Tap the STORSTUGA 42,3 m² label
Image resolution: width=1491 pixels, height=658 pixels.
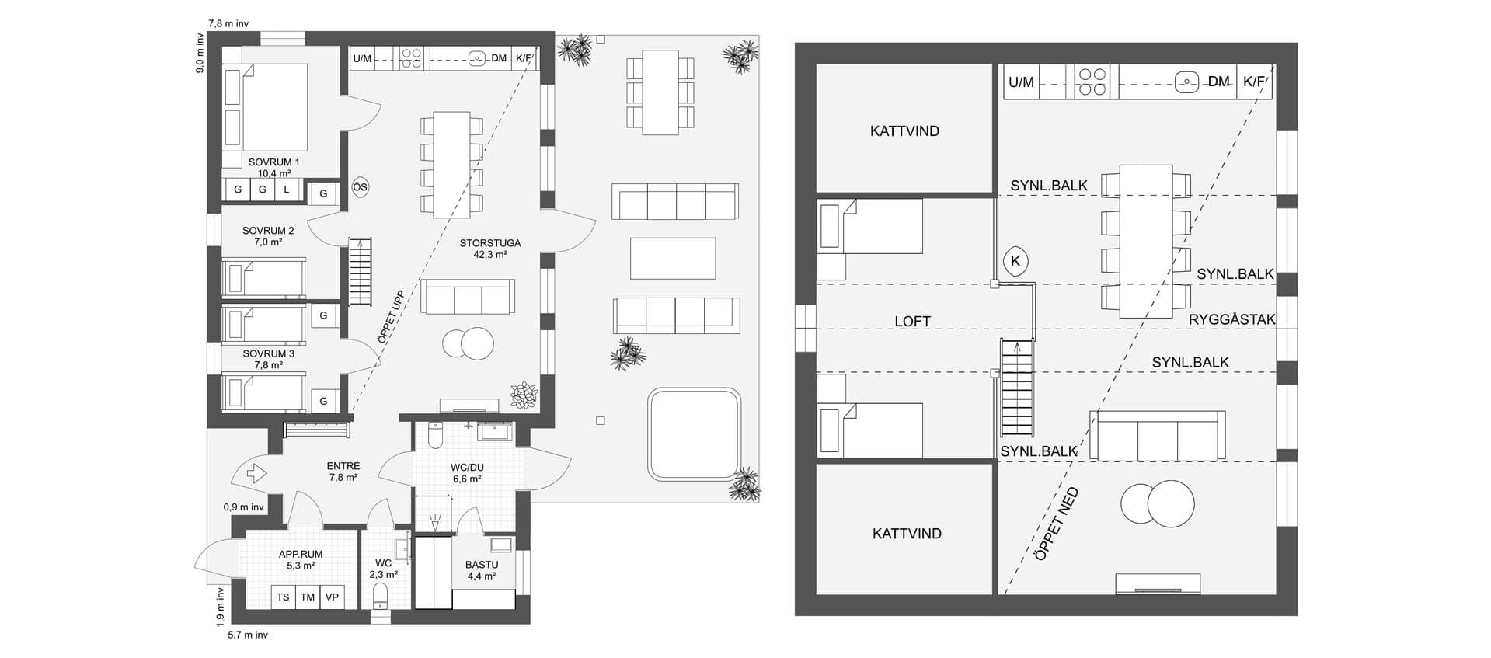click(490, 248)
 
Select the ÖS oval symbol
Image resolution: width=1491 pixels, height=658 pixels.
click(360, 187)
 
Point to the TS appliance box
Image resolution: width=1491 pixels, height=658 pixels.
click(283, 597)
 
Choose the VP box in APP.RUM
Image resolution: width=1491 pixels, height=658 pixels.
click(333, 597)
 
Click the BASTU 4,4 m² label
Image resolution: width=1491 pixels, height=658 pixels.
click(482, 570)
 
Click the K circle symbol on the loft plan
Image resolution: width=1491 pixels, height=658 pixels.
click(1015, 261)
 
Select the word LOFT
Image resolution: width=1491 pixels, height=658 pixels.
click(912, 321)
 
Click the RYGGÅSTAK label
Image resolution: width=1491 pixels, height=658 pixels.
click(1232, 319)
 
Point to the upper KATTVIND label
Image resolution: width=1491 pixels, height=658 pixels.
click(904, 131)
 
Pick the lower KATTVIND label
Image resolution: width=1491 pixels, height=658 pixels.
click(907, 534)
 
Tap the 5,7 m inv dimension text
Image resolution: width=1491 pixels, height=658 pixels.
click(248, 635)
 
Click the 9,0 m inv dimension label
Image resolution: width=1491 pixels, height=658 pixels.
click(200, 53)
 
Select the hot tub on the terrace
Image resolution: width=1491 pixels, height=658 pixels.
click(694, 434)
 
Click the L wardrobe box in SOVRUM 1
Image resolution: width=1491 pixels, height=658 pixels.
click(287, 190)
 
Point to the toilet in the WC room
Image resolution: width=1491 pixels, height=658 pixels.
click(381, 597)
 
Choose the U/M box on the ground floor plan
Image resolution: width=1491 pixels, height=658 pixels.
click(362, 58)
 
